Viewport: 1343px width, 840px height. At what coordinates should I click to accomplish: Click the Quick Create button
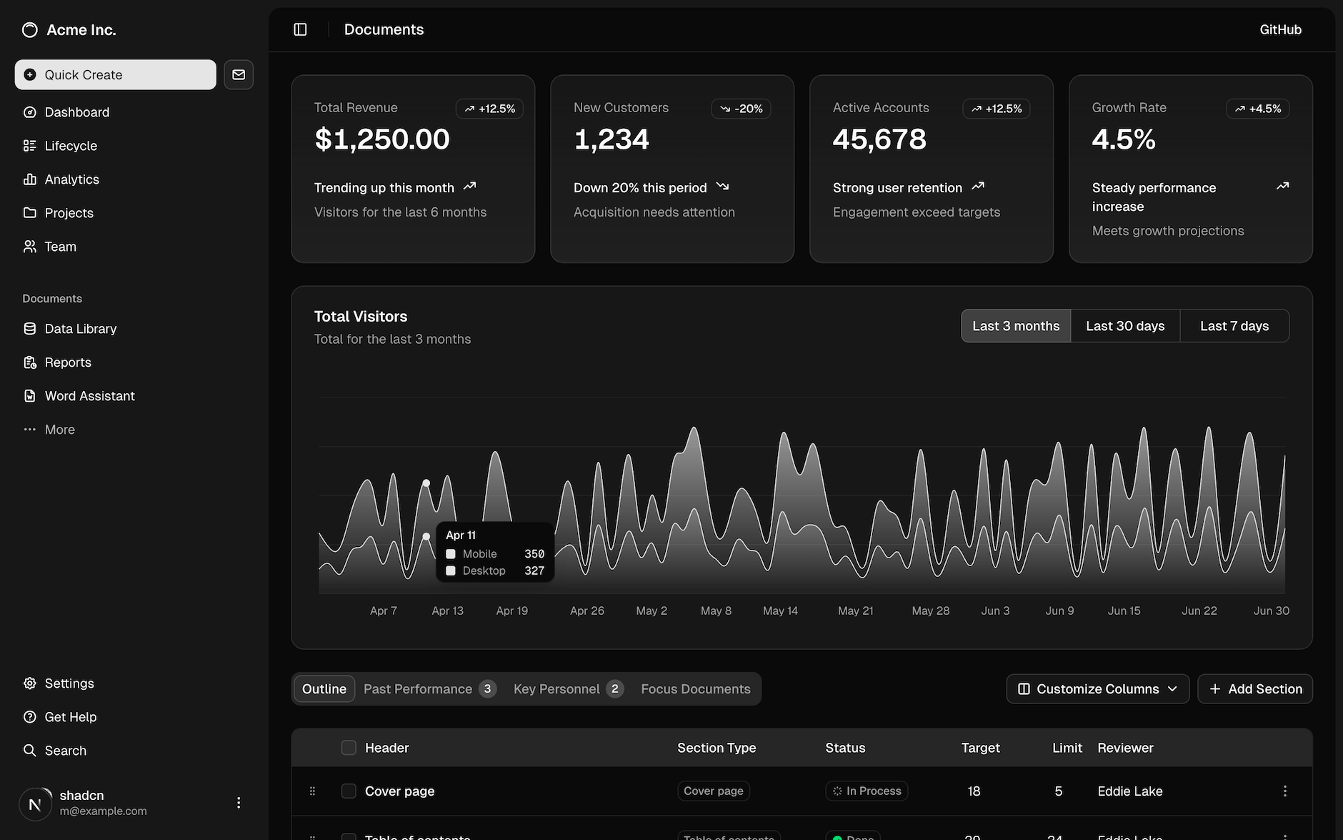(x=115, y=74)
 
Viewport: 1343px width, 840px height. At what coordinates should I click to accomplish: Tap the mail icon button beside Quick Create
(x=239, y=74)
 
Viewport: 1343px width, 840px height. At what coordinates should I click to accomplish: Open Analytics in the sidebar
(x=71, y=179)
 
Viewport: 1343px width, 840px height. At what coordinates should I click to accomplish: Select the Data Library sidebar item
(x=80, y=329)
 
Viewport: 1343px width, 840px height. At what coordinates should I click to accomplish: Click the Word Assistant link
(x=89, y=396)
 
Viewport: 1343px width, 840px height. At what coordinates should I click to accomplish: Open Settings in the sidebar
(x=69, y=683)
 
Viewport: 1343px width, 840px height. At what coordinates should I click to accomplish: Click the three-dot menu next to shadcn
(x=239, y=803)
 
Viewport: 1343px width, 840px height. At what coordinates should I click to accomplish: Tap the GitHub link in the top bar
(x=1280, y=29)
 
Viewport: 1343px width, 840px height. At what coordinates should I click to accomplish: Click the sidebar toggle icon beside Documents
(x=300, y=29)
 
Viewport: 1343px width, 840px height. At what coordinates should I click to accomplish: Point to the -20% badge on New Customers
(x=741, y=109)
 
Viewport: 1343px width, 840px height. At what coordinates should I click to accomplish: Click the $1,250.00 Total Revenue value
(x=382, y=139)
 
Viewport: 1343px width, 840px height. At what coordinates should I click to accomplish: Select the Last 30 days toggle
(x=1125, y=326)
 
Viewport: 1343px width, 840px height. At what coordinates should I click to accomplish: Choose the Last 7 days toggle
(x=1234, y=326)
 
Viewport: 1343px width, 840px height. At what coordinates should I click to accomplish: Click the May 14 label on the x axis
(x=780, y=611)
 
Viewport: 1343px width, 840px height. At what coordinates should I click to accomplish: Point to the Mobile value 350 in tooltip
(x=534, y=554)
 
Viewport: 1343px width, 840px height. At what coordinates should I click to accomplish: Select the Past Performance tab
(x=418, y=689)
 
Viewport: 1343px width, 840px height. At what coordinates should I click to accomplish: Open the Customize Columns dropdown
(x=1097, y=689)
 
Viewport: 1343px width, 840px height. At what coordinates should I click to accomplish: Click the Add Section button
(x=1255, y=689)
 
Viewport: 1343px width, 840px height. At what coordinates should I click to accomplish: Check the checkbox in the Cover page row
(x=349, y=791)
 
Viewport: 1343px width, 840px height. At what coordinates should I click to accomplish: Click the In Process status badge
(x=867, y=791)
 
